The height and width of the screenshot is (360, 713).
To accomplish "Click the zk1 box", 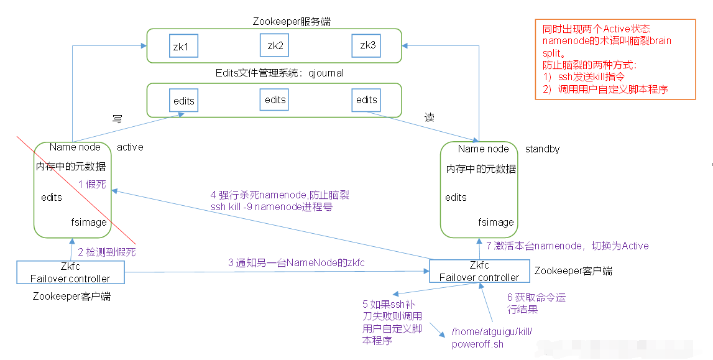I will (184, 47).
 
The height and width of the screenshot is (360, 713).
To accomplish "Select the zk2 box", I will (275, 45).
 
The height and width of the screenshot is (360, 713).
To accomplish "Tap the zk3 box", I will (367, 46).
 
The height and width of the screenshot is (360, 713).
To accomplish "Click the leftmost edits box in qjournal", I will (184, 101).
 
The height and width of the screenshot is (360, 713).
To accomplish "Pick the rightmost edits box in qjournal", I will (367, 99).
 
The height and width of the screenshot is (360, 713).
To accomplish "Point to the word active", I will (130, 147).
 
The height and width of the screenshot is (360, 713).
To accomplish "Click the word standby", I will (542, 149).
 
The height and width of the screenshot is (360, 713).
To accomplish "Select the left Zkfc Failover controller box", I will (70, 272).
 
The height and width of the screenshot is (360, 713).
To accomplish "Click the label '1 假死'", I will (93, 184).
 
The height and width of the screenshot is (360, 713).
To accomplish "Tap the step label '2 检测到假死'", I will (107, 252).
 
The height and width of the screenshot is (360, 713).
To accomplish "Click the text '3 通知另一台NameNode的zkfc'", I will (296, 263).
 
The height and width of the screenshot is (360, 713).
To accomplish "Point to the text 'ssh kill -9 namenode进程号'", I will (272, 206).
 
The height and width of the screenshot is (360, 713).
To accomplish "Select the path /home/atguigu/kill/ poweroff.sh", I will (492, 338).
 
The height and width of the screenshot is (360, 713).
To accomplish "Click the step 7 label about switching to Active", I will (568, 246).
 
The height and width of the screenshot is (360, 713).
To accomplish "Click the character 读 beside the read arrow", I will (430, 117).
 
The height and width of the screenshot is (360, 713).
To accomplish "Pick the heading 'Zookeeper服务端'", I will (292, 21).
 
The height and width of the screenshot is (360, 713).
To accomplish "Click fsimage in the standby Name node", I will (496, 222).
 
